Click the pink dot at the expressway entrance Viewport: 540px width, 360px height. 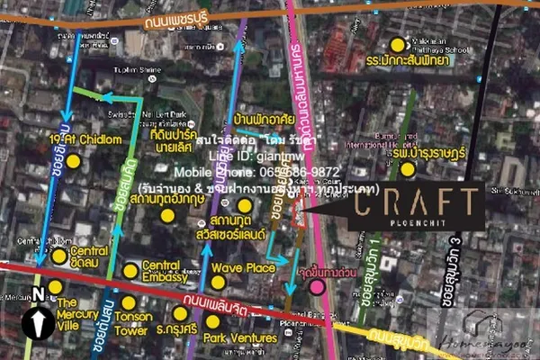(x=318, y=287)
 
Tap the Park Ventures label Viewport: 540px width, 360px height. (x=239, y=337)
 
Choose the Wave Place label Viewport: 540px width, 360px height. (x=242, y=267)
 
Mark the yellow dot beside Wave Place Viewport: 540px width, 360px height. (x=217, y=283)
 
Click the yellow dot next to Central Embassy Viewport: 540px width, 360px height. (x=130, y=270)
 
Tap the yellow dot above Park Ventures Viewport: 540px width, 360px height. (x=212, y=321)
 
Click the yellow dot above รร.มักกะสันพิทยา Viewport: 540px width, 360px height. (x=398, y=44)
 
